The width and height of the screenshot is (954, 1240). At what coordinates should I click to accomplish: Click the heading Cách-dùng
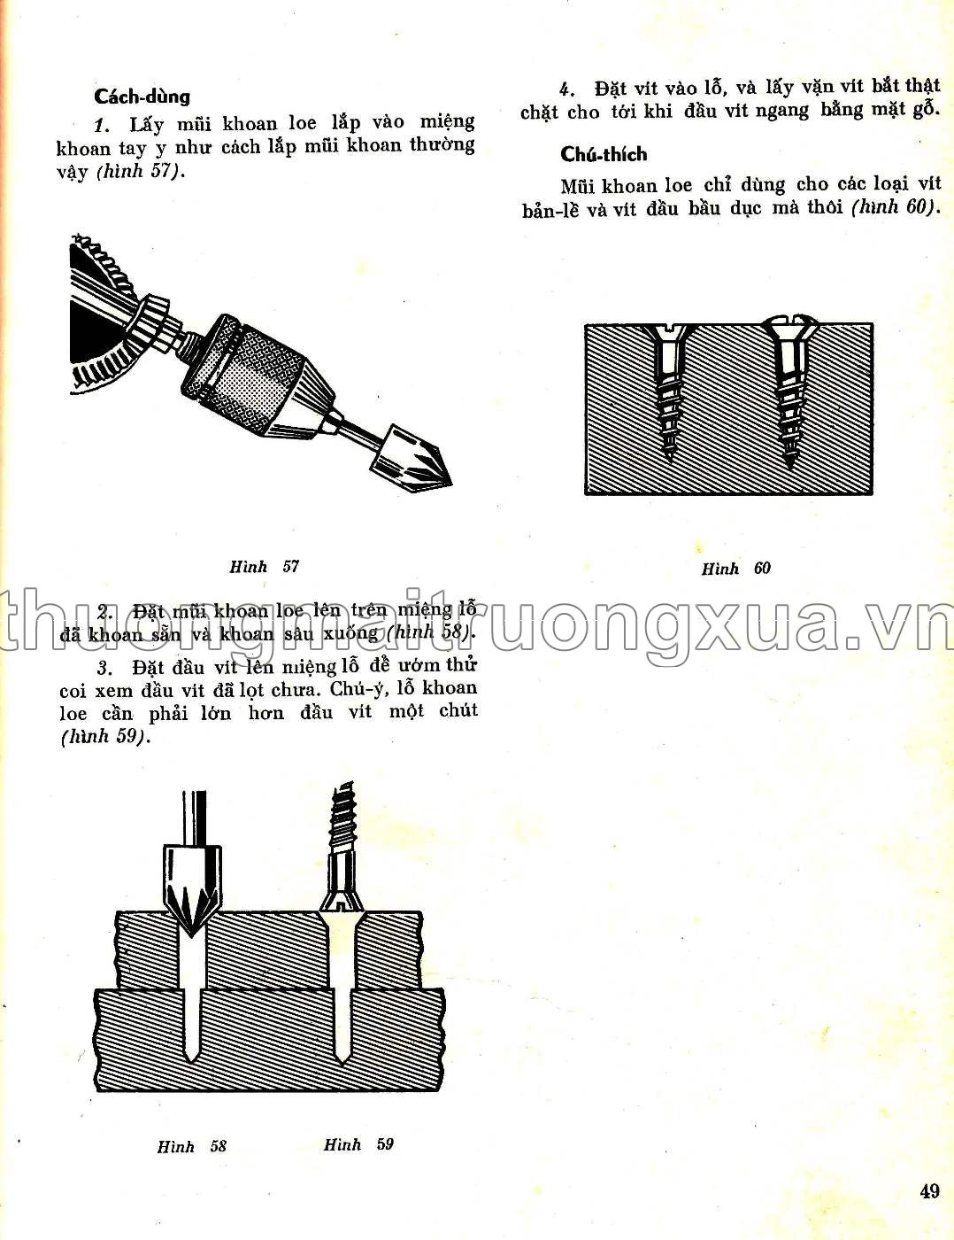coord(142,96)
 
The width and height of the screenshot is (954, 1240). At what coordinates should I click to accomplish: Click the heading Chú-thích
coord(604,154)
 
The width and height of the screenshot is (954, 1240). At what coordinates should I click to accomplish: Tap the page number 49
coord(929,1190)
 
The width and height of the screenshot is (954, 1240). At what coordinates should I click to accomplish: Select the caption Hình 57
coord(264,567)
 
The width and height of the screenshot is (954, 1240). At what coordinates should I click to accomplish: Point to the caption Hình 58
coord(192,1146)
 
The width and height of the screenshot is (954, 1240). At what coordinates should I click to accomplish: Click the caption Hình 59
coord(358,1144)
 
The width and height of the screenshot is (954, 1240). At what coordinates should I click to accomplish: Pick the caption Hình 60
coord(735,569)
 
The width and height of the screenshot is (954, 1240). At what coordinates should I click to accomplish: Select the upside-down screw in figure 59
coord(342,850)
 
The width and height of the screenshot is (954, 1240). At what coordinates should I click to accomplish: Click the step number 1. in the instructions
coord(101,124)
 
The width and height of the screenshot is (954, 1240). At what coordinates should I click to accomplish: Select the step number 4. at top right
coord(567,89)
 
